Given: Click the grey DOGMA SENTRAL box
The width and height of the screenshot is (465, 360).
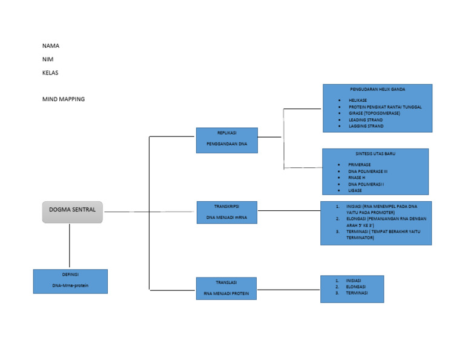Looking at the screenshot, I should pos(73,212).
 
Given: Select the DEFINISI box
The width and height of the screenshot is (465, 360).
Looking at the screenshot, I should pos(70,281).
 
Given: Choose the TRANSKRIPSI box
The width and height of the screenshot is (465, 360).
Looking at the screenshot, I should pos(227,212).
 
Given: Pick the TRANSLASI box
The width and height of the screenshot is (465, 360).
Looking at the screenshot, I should pos(226,288).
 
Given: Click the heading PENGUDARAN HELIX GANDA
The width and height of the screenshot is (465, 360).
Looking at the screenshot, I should pos(377,90).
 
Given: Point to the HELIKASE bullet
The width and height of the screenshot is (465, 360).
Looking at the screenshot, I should pos(358,100).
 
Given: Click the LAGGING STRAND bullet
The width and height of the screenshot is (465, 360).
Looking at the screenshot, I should pos(366,126).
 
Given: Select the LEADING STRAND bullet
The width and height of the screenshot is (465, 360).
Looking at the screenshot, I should pos(366,120).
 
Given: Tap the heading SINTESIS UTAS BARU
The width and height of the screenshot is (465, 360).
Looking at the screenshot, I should pos(375,154).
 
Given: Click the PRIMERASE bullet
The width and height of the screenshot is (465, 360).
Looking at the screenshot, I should pos(360,164).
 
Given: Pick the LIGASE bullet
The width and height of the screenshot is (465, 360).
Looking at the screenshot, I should pos(355,190).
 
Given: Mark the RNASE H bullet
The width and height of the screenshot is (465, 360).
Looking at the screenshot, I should pos(357,178).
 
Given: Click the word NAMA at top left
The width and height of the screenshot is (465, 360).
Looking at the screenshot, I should pos(51,46).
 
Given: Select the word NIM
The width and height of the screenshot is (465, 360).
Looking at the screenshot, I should pos(48,59).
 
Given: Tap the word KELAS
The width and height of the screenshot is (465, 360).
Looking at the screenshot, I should pos(50,73).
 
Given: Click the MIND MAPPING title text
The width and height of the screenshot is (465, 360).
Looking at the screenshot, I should pos(64,99).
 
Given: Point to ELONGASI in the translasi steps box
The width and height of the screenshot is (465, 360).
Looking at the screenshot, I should pos(356,287).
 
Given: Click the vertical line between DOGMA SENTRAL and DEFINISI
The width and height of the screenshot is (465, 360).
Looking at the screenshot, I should pos(70,246).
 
